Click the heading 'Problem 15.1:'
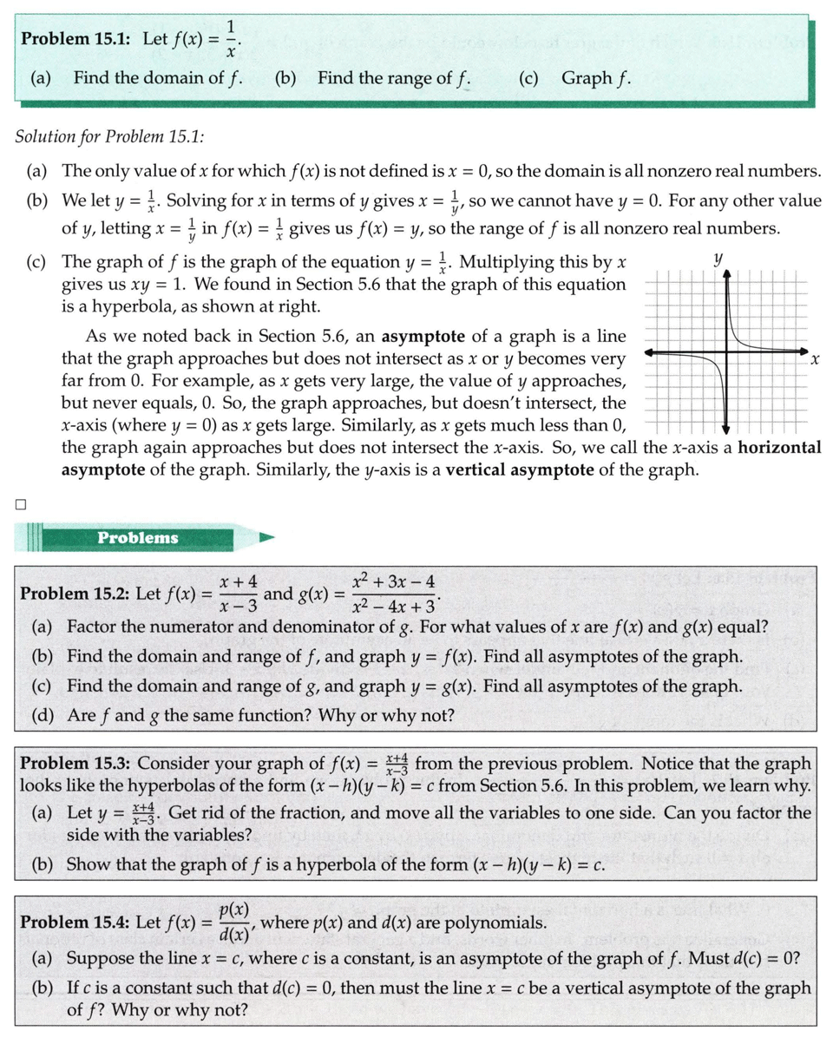click(75, 39)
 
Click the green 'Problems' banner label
click(138, 537)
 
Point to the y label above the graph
click(718, 258)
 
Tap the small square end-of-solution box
click(20, 502)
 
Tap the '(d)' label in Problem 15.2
click(41, 716)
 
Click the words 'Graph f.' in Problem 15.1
click(595, 78)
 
